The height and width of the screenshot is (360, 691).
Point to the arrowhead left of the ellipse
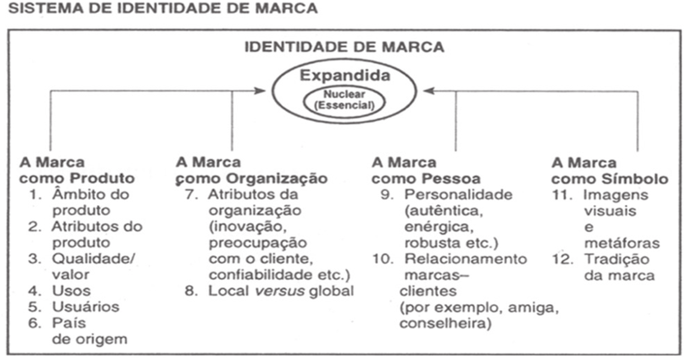pos(271,90)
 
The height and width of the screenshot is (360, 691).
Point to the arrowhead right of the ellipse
pos(420,90)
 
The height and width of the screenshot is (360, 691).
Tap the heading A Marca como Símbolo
pos(610,171)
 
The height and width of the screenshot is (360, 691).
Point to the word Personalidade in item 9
pos(459,194)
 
